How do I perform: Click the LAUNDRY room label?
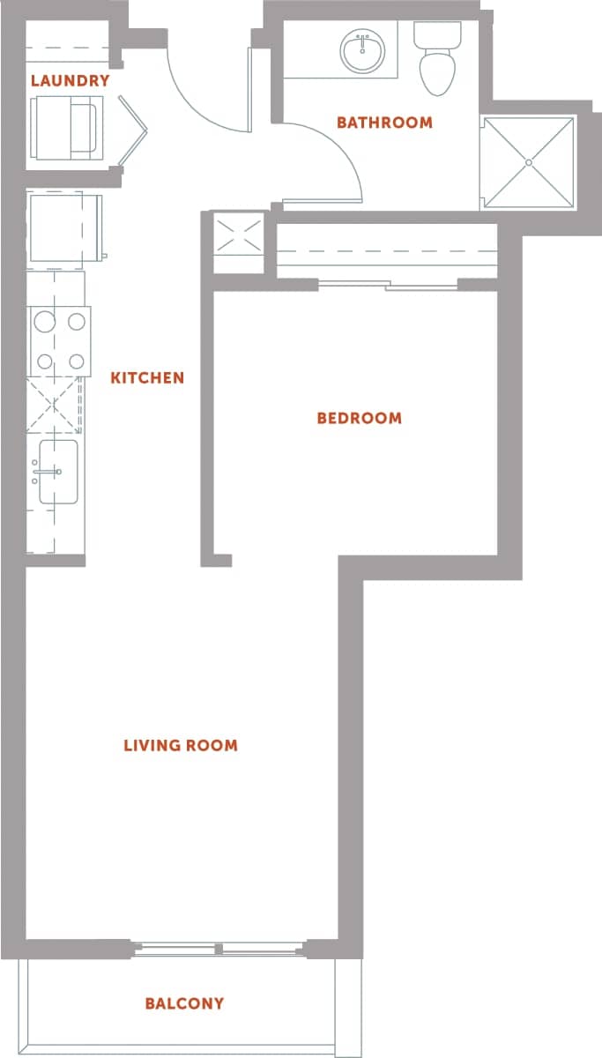click(x=70, y=81)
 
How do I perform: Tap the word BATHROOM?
click(x=384, y=123)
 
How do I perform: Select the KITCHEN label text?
click(x=147, y=377)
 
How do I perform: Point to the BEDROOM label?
click(x=359, y=418)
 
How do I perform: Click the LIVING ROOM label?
click(x=181, y=745)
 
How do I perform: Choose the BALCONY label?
click(x=184, y=1003)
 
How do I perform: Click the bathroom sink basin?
click(x=363, y=53)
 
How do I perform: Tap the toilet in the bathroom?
click(x=437, y=62)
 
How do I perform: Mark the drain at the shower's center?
click(x=529, y=162)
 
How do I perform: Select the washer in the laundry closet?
click(x=65, y=129)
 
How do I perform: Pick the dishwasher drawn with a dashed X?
click(x=55, y=405)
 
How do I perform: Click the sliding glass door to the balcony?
click(x=220, y=949)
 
